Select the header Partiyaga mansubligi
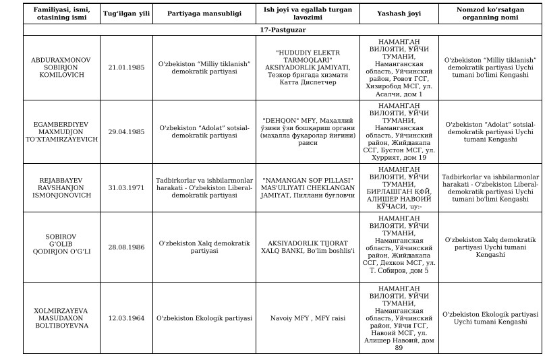pyautogui.click(x=204, y=13)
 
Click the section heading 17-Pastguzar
pyautogui.click(x=283, y=30)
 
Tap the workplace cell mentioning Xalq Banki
pyautogui.click(x=308, y=247)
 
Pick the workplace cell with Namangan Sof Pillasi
pyautogui.click(x=308, y=187)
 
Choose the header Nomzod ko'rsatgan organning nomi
pyautogui.click(x=490, y=13)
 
